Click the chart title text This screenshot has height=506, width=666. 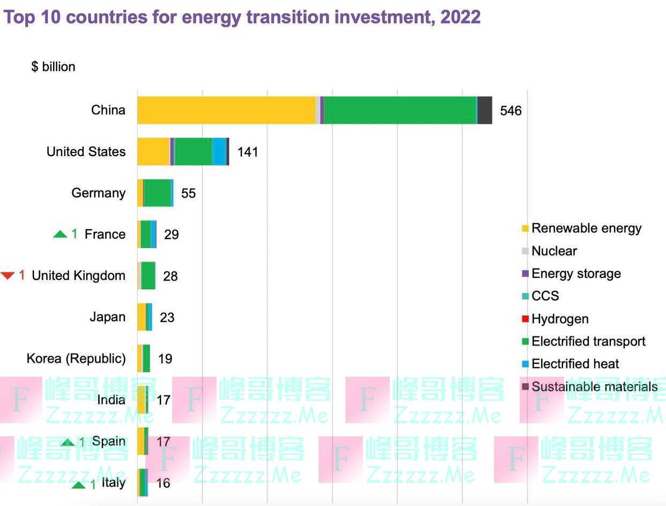242,17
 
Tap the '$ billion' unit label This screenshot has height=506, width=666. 53,67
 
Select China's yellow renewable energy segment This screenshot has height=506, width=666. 226,110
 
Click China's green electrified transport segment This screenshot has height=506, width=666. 399,110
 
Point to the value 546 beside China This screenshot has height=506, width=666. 510,111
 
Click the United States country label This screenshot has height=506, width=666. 86,152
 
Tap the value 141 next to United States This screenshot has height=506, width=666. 247,152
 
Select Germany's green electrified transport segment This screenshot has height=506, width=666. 157,193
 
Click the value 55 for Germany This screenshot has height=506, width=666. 188,193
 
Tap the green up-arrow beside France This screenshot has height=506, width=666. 60,234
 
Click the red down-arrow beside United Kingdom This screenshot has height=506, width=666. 8,276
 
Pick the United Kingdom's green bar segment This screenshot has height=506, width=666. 148,276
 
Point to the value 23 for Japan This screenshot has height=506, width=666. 167,317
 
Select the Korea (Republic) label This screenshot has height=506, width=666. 76,358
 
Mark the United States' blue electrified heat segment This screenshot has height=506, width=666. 219,152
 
